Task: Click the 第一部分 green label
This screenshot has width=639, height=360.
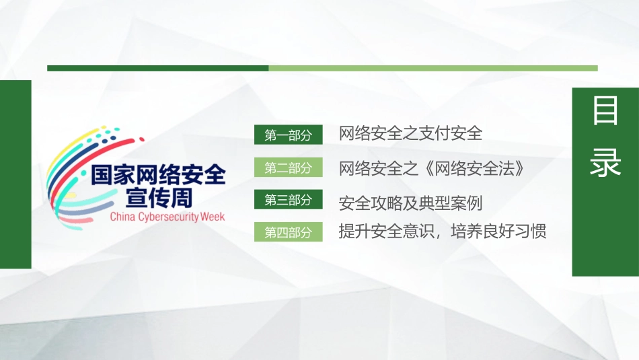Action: [x=289, y=135]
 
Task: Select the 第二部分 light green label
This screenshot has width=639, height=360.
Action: [x=289, y=168]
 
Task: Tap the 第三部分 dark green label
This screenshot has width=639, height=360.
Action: [x=289, y=200]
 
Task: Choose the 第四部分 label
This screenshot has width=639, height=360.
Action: [x=289, y=232]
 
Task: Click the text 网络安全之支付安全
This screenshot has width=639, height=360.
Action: [x=410, y=133]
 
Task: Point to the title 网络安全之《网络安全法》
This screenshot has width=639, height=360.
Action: [x=431, y=168]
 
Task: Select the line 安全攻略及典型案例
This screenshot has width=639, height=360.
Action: [x=410, y=202]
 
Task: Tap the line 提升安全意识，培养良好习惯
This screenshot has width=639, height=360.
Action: [x=442, y=232]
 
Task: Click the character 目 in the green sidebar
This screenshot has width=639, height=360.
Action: [x=605, y=112]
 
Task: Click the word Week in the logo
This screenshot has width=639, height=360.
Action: [x=212, y=217]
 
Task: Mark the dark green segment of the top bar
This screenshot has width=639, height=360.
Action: [x=157, y=68]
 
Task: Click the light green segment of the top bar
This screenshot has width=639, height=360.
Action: [x=433, y=68]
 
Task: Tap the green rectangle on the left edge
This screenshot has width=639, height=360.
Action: [x=15, y=174]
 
